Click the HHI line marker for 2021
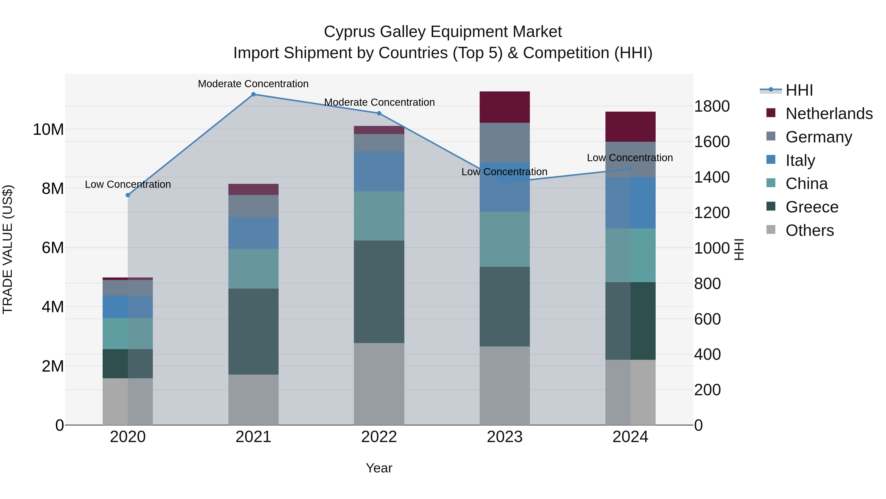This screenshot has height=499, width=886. click(x=253, y=94)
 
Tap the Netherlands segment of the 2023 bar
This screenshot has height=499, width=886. click(x=505, y=107)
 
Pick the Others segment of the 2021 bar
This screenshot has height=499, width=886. click(x=253, y=399)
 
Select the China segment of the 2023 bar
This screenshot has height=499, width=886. click(x=505, y=239)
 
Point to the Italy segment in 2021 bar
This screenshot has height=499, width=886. click(x=253, y=233)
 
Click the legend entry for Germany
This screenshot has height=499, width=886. click(x=819, y=137)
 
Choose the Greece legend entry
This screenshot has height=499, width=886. click(x=812, y=207)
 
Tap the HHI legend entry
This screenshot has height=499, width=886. click(x=799, y=90)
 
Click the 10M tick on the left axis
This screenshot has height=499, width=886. click(x=48, y=129)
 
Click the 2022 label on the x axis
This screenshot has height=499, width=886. click(x=379, y=437)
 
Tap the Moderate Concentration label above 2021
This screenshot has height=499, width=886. click(x=253, y=84)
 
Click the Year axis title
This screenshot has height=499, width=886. click(x=379, y=468)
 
